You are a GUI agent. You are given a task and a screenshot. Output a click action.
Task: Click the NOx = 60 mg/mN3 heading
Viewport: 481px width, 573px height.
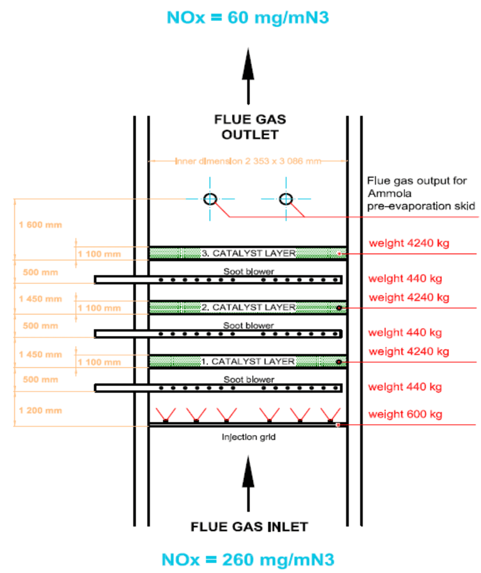(x=248, y=17)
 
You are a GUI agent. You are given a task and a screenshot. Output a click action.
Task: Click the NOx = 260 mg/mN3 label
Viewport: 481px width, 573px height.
(x=248, y=558)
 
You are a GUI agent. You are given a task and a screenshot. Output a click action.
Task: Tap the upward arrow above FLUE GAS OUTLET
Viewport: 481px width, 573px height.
(x=248, y=75)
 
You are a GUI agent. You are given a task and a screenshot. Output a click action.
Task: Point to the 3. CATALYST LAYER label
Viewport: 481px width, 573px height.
(x=248, y=253)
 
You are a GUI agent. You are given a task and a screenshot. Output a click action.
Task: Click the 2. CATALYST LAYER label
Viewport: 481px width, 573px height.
(x=248, y=307)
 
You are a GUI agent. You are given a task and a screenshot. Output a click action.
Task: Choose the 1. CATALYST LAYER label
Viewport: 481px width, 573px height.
(x=248, y=362)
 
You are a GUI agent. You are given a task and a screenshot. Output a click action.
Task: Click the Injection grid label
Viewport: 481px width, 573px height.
(x=248, y=437)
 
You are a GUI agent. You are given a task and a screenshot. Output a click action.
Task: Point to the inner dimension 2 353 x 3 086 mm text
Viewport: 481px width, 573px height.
(x=248, y=161)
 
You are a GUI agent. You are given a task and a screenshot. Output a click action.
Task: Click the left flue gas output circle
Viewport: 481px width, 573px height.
(x=210, y=199)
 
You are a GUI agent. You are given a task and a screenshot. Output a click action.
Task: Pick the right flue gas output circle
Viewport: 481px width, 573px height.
(x=286, y=199)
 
